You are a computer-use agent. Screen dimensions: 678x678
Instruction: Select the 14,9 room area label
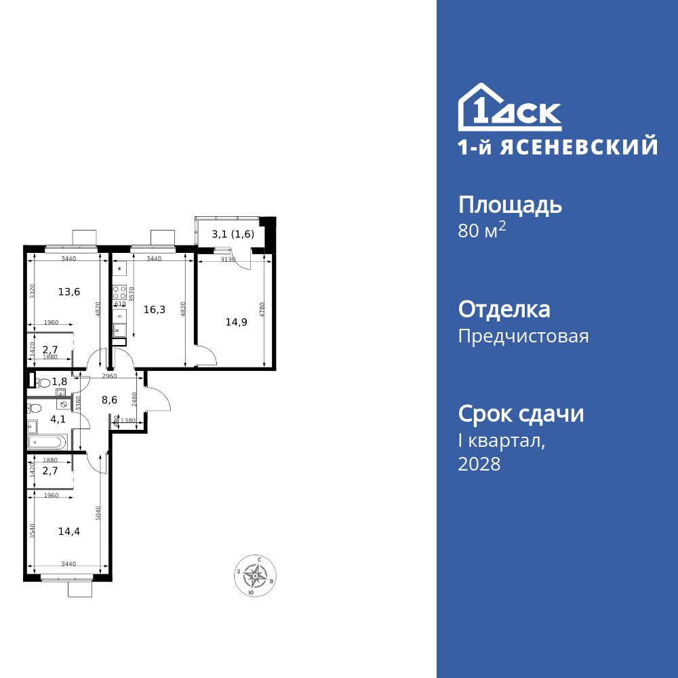(236, 322)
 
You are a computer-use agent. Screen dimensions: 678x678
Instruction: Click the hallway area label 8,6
(109, 400)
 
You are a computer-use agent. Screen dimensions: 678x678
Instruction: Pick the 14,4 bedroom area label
(69, 532)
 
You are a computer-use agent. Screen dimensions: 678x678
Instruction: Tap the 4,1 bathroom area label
(58, 419)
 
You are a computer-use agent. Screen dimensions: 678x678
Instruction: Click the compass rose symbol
(255, 576)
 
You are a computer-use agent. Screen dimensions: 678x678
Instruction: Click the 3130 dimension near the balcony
(228, 259)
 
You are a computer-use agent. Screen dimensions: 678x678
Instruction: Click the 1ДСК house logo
(510, 108)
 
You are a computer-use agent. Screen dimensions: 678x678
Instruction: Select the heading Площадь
(510, 205)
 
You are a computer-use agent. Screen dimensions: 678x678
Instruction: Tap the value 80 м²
(482, 231)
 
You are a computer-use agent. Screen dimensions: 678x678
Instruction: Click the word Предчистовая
(523, 336)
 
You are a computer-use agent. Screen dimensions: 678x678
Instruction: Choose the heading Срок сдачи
(521, 414)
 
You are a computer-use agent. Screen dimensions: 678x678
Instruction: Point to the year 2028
(479, 464)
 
